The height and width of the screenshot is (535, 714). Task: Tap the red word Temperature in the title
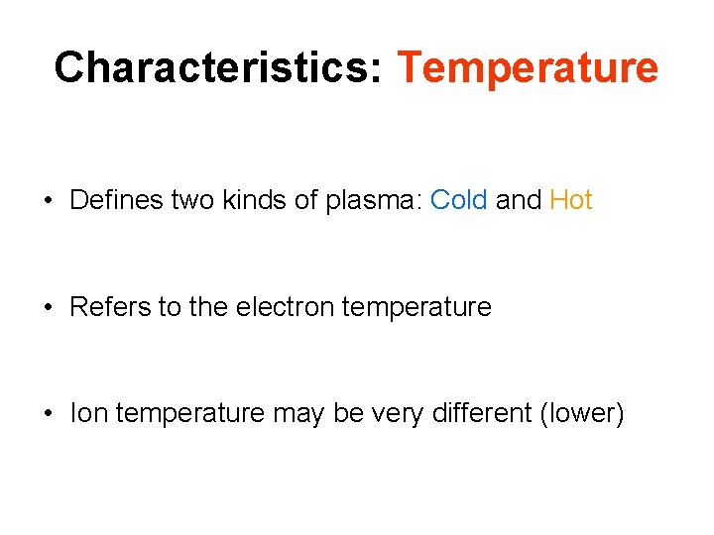click(528, 67)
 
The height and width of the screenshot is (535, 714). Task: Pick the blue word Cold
click(459, 200)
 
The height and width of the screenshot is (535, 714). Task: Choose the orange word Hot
click(571, 200)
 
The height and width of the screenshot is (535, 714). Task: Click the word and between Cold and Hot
click(518, 200)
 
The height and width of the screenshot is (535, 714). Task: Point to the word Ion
click(88, 413)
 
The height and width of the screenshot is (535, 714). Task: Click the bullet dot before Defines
click(48, 201)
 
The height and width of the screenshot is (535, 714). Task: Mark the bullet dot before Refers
click(48, 308)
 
